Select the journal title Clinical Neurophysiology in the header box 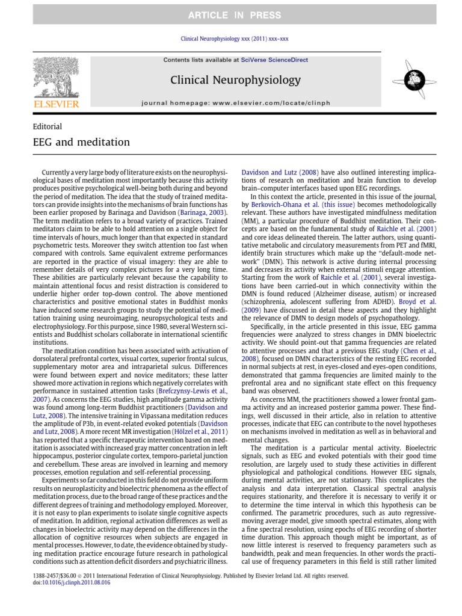pyautogui.click(x=235, y=80)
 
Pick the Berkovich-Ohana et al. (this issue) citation pyautogui.click(x=291, y=205)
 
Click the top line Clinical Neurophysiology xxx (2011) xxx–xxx pyautogui.click(x=235, y=39)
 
